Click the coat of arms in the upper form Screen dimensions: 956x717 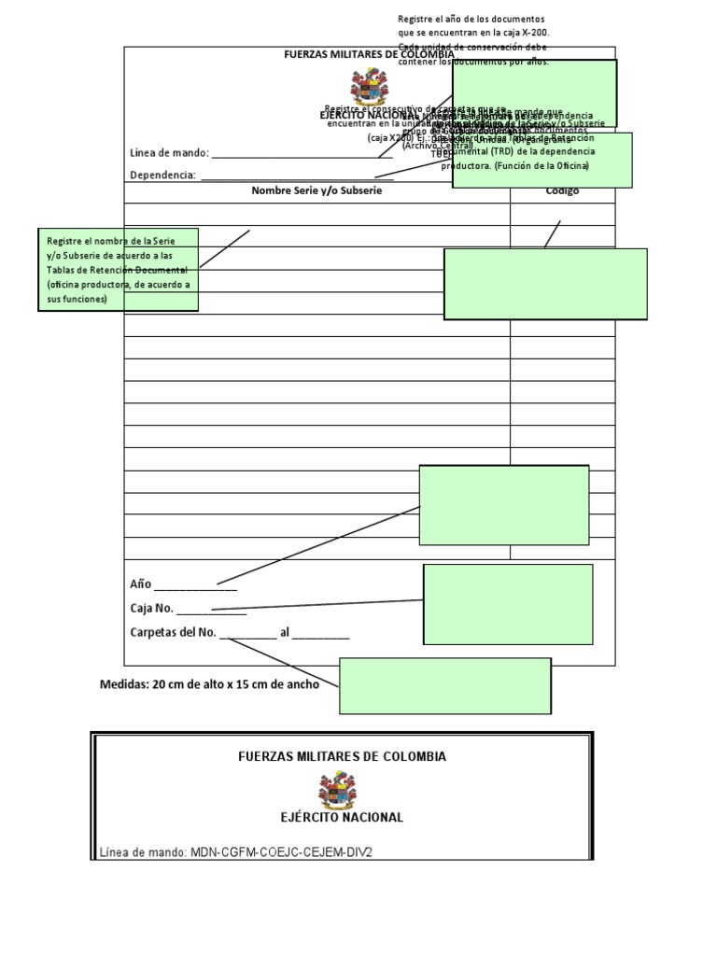(x=368, y=90)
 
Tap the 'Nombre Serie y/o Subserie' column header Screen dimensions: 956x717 (x=316, y=190)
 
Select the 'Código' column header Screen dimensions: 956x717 (x=562, y=190)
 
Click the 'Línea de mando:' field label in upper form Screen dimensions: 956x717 (x=170, y=152)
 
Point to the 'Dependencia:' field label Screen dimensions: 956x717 (x=162, y=175)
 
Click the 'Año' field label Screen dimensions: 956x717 (x=140, y=584)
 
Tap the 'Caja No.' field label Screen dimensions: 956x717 (x=151, y=609)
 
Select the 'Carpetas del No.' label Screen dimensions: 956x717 (x=173, y=633)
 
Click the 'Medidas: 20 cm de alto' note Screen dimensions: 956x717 (x=209, y=684)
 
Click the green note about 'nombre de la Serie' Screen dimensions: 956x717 (x=119, y=270)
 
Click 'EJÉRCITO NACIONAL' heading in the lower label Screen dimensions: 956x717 (x=342, y=817)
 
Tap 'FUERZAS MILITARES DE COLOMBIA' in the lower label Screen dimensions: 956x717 (x=342, y=756)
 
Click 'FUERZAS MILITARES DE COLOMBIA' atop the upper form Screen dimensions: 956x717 (x=368, y=54)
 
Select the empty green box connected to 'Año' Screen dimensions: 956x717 (x=504, y=505)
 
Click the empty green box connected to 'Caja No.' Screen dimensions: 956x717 (x=508, y=604)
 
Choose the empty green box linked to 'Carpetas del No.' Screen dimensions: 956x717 (x=444, y=685)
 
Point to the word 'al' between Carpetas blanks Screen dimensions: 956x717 (x=285, y=633)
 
